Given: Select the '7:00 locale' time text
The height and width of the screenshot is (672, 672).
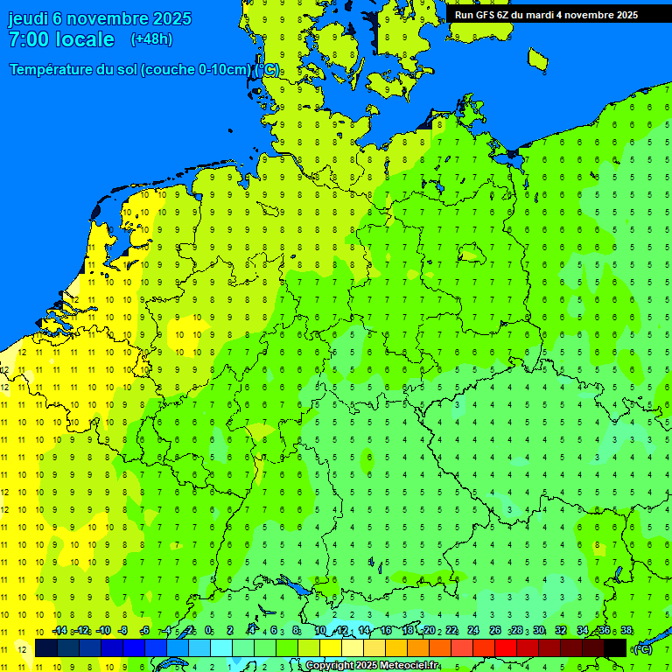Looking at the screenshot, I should [x=61, y=39].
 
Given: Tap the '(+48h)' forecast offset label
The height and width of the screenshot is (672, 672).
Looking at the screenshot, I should [x=151, y=39].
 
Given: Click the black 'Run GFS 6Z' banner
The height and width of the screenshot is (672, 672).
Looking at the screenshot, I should [x=547, y=14].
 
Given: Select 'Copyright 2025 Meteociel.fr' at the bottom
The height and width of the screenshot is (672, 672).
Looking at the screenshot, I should [x=372, y=666].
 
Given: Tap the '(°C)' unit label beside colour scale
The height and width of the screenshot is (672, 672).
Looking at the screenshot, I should [x=642, y=648].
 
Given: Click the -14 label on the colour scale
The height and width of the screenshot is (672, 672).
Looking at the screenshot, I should [x=59, y=630].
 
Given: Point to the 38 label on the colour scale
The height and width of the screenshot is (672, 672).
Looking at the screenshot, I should [x=626, y=630].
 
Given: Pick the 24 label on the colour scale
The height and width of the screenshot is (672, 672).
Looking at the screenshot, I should [x=473, y=630].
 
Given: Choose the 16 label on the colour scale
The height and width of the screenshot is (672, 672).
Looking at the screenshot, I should [x=386, y=630].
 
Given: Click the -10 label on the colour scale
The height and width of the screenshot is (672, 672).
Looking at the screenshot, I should [x=103, y=630].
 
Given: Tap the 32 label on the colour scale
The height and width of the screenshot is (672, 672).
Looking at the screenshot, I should [x=561, y=630].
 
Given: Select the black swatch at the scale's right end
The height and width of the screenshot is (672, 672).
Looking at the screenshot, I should [x=615, y=648].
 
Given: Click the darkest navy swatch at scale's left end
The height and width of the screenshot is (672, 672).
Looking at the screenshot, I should [x=46, y=648].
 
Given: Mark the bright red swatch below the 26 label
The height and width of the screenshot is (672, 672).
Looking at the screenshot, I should [x=506, y=648].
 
